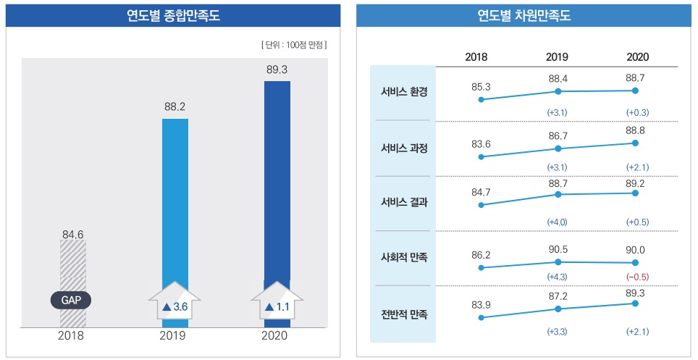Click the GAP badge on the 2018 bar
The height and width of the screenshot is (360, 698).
71,300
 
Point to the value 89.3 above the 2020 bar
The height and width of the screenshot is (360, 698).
277,70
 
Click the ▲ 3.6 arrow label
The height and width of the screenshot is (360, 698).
174,307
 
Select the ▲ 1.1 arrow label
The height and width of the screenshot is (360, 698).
277,307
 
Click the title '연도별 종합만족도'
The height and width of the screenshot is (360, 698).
173,15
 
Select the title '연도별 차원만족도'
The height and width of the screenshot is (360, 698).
524,15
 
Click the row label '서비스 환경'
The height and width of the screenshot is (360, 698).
404,92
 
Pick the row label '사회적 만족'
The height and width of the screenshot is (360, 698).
404,257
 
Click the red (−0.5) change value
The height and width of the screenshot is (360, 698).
637,277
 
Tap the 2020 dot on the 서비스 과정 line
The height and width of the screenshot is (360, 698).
635,143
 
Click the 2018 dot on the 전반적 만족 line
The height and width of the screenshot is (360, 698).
481,317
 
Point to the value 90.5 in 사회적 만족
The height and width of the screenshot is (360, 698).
558,248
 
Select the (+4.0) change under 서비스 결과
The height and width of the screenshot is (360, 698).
558,222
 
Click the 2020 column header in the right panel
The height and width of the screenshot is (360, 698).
637,56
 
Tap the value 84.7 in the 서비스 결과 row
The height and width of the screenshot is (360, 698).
481,192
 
